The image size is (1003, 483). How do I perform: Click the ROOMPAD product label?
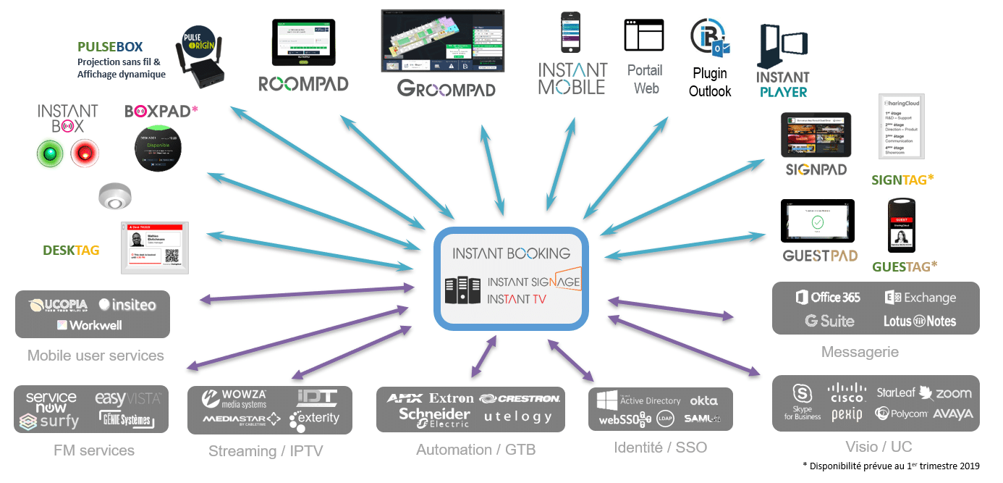303,83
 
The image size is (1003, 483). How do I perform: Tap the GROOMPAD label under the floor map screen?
446,88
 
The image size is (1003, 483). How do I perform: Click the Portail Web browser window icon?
643,35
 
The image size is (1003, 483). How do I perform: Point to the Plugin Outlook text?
709,82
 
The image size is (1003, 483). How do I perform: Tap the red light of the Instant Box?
85,154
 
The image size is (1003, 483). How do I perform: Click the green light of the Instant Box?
51,154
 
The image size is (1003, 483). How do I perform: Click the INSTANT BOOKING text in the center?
511,253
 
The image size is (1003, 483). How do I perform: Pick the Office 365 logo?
827,298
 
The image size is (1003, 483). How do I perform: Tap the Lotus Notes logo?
919,321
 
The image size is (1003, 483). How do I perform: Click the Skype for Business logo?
802,403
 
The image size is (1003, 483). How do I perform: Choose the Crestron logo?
520,398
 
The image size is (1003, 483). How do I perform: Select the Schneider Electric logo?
434,417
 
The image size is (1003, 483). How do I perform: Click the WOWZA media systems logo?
234,398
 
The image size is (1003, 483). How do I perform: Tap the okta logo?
703,400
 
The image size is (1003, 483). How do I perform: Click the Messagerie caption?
860,352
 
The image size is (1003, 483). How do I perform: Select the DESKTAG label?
71,250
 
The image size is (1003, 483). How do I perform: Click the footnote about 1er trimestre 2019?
895,465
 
